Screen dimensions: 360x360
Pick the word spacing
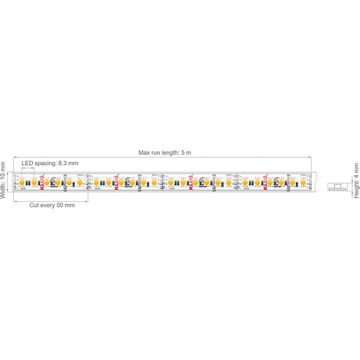tap(46, 164)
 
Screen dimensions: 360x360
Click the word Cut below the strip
tap(34, 205)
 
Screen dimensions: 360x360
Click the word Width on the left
tap(4, 190)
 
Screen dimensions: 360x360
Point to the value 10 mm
tap(4, 171)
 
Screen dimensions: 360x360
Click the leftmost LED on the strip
tap(22, 182)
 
